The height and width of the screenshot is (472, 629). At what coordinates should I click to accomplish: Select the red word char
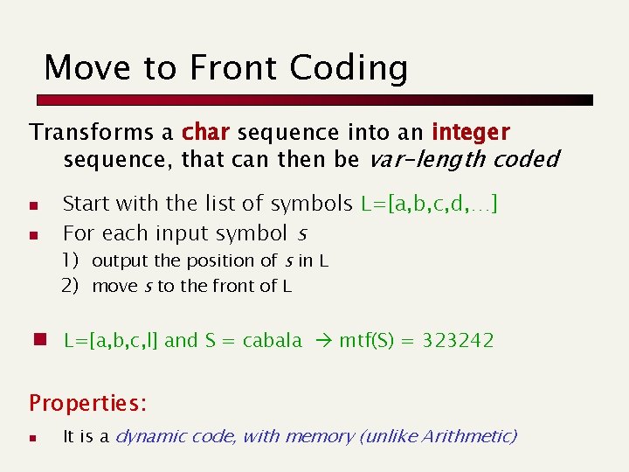point(205,133)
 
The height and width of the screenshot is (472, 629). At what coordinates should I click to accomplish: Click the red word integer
point(470,133)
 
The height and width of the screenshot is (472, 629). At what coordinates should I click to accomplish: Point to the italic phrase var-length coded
point(464,159)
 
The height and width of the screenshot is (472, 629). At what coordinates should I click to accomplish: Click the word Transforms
point(90,133)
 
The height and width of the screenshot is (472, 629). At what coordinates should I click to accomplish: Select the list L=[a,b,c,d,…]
point(429,204)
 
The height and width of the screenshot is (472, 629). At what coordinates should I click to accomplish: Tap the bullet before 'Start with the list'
point(34,205)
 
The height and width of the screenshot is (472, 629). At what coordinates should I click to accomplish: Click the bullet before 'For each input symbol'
point(34,234)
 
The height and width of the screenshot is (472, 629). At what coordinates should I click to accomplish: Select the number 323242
point(458,341)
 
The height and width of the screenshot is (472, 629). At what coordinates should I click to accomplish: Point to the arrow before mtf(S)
point(324,341)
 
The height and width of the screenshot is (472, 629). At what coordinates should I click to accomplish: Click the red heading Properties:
point(87,403)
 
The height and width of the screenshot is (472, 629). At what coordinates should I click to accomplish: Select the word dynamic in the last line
point(148,436)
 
